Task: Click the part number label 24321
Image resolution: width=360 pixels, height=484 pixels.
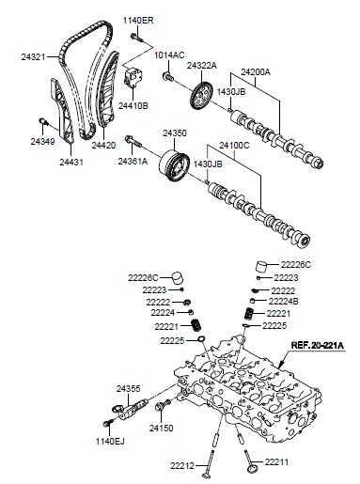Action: pyautogui.click(x=33, y=57)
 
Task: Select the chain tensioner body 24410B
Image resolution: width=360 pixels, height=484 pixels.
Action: pyautogui.click(x=133, y=77)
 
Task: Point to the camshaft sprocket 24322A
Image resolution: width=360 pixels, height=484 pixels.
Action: pyautogui.click(x=200, y=96)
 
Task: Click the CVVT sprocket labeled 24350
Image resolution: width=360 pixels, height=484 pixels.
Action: pyautogui.click(x=174, y=165)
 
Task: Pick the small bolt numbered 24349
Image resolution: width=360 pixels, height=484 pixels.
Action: pyautogui.click(x=43, y=121)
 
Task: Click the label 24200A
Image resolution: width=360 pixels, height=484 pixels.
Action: pyautogui.click(x=256, y=72)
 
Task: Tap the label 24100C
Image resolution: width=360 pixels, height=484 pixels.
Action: pyautogui.click(x=234, y=146)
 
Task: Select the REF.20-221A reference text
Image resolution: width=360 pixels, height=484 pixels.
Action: pyautogui.click(x=318, y=345)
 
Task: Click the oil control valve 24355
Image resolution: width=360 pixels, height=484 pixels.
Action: pyautogui.click(x=131, y=409)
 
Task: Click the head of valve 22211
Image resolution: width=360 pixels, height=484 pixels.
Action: pyautogui.click(x=253, y=469)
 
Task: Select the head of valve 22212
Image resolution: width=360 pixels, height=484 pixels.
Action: pyautogui.click(x=207, y=476)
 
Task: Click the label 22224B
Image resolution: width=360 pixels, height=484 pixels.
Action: pyautogui.click(x=283, y=302)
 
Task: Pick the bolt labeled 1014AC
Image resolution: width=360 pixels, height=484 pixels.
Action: pyautogui.click(x=167, y=76)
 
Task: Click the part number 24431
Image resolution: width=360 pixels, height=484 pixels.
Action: pyautogui.click(x=71, y=162)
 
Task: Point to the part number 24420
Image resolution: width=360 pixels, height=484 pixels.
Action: pyautogui.click(x=103, y=145)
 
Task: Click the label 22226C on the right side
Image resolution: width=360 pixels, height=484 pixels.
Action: pyautogui.click(x=295, y=265)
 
